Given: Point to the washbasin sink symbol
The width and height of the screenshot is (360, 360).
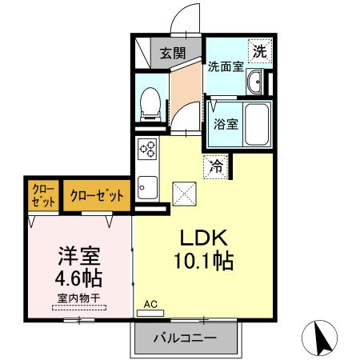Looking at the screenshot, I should point(257,82).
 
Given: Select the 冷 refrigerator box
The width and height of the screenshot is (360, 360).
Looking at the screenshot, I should point(215,167).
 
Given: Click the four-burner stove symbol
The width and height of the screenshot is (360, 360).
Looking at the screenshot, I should point(147,148).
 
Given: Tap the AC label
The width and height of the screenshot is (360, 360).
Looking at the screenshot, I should point(151,304).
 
